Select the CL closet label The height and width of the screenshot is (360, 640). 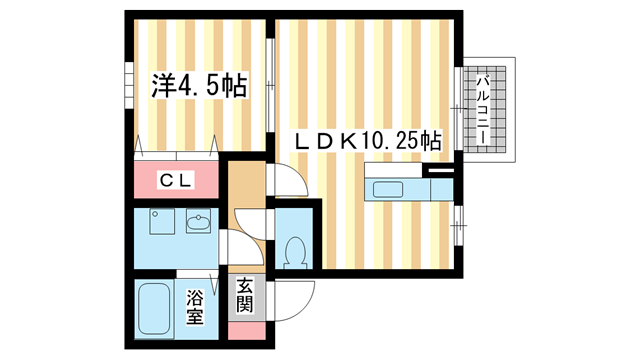pyautogui.click(x=177, y=180)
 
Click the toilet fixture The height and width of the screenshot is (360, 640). pyautogui.click(x=293, y=253)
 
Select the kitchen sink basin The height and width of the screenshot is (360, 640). pyautogui.click(x=385, y=189)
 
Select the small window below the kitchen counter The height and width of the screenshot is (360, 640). pyautogui.click(x=458, y=223)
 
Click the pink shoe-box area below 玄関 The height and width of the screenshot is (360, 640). pyautogui.click(x=245, y=329)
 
